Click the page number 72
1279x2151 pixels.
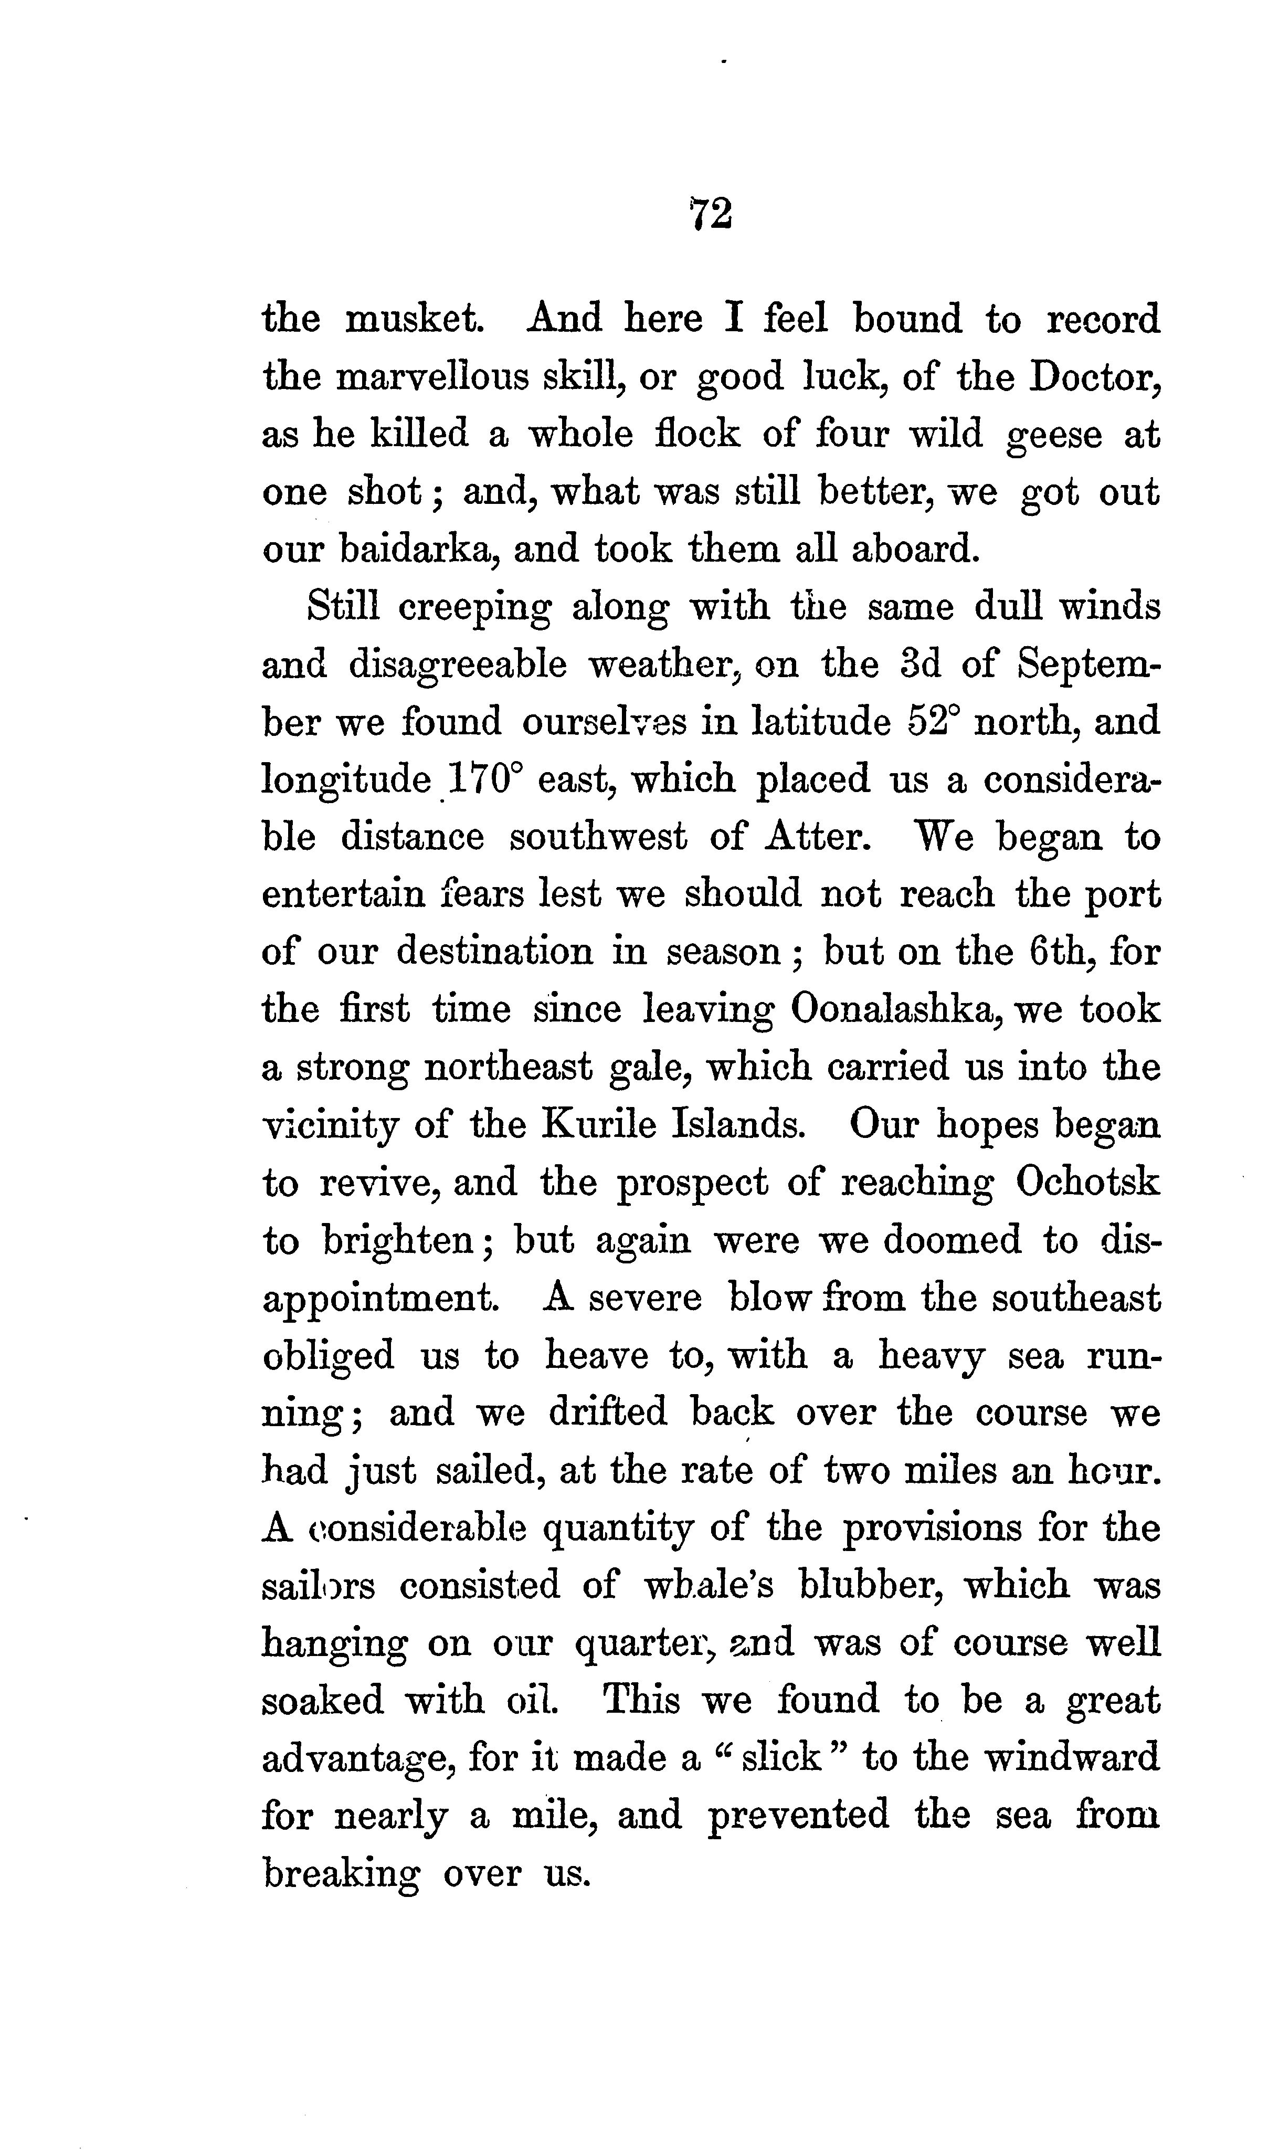[x=710, y=214]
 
